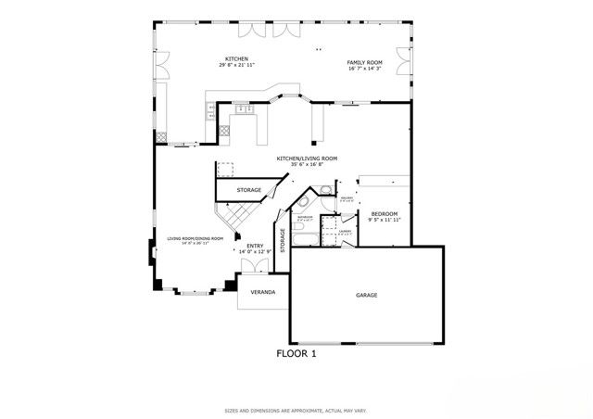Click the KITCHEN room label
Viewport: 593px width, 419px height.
pyautogui.click(x=236, y=58)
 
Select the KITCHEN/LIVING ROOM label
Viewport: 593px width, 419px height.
pyautogui.click(x=307, y=159)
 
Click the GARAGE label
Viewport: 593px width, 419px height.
pyautogui.click(x=367, y=295)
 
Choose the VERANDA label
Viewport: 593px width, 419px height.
pyautogui.click(x=263, y=291)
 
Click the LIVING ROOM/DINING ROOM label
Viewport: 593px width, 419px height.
pyautogui.click(x=196, y=238)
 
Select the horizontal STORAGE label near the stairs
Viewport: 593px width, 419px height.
pyautogui.click(x=248, y=191)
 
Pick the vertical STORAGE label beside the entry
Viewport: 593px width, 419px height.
pyautogui.click(x=283, y=239)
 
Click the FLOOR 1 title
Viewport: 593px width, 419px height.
pyautogui.click(x=296, y=353)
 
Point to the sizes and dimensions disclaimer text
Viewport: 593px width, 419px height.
pyautogui.click(x=296, y=410)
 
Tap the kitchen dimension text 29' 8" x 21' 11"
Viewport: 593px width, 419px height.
pyautogui.click(x=236, y=66)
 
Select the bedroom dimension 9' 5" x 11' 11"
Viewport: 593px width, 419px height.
pyautogui.click(x=385, y=221)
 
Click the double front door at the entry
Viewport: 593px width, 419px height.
pyautogui.click(x=254, y=266)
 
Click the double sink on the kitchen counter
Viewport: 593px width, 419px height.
pyautogui.click(x=245, y=110)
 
